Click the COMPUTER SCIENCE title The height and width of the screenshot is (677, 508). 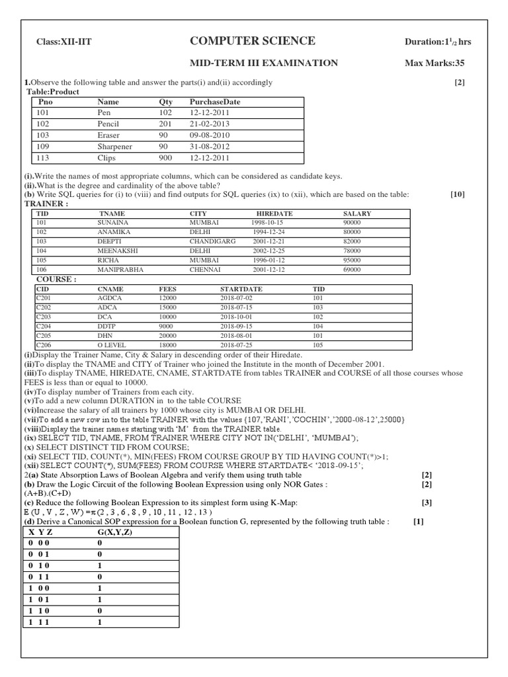pos(252,41)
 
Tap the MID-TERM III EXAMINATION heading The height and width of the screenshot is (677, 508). pos(264,63)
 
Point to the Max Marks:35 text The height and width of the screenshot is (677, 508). pos(437,63)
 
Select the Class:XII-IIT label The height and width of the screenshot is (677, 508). pos(63,42)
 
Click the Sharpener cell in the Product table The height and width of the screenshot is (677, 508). pos(114,147)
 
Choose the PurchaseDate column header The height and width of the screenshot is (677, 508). pos(215,102)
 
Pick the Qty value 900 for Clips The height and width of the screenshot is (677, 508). pos(165,158)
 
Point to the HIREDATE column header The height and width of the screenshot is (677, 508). pos(274,214)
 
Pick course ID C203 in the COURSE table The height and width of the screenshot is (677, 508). pos(43,317)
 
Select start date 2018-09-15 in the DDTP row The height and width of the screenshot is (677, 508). pos(237,327)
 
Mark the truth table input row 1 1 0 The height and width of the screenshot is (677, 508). pos(39,611)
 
